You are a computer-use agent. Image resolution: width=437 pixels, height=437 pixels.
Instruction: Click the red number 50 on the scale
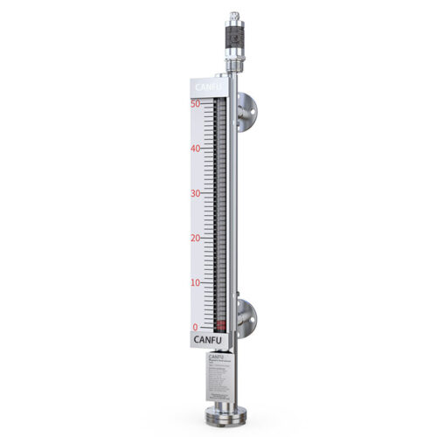coord(196,104)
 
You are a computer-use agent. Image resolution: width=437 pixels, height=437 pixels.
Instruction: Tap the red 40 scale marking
coord(196,149)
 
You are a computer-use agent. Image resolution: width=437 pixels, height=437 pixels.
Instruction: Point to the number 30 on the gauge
coord(196,193)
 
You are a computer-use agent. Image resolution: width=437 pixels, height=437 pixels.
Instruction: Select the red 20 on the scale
coord(196,238)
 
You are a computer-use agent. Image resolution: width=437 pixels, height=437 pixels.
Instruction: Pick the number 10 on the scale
coord(196,283)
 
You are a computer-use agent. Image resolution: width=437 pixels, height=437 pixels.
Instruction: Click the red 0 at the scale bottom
coord(196,328)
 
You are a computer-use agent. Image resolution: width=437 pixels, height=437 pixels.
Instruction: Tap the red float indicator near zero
coord(220,325)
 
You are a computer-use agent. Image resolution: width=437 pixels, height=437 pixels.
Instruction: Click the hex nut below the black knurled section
coord(233,65)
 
